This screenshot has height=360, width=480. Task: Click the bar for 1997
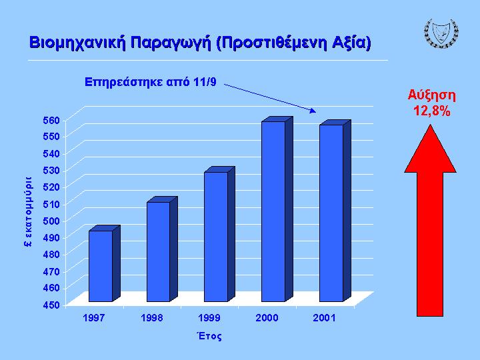(x=105, y=263)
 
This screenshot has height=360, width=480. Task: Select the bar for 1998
(x=162, y=249)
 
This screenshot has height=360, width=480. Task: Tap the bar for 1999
(x=219, y=234)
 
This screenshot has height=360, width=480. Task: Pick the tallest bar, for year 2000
(x=277, y=209)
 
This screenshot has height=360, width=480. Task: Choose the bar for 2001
(x=335, y=211)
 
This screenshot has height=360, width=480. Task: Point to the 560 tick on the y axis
(x=51, y=120)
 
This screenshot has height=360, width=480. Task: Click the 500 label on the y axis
(x=51, y=221)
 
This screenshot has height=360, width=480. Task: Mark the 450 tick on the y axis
(x=51, y=305)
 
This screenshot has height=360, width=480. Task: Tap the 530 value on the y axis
(x=51, y=171)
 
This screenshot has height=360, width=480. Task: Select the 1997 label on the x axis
(x=94, y=318)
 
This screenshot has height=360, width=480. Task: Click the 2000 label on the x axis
(x=267, y=318)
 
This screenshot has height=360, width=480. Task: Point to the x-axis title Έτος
(x=209, y=336)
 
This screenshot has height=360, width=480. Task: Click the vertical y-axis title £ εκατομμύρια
(x=28, y=211)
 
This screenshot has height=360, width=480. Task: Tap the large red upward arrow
(x=430, y=220)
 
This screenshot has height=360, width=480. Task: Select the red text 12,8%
(x=431, y=111)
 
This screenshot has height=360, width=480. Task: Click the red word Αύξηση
(x=431, y=95)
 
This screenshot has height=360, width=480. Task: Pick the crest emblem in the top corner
(x=441, y=33)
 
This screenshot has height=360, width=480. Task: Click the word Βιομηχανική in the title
(x=78, y=43)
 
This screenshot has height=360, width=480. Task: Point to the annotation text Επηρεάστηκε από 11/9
(x=150, y=82)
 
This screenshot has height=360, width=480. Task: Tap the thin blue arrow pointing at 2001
(x=270, y=98)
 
